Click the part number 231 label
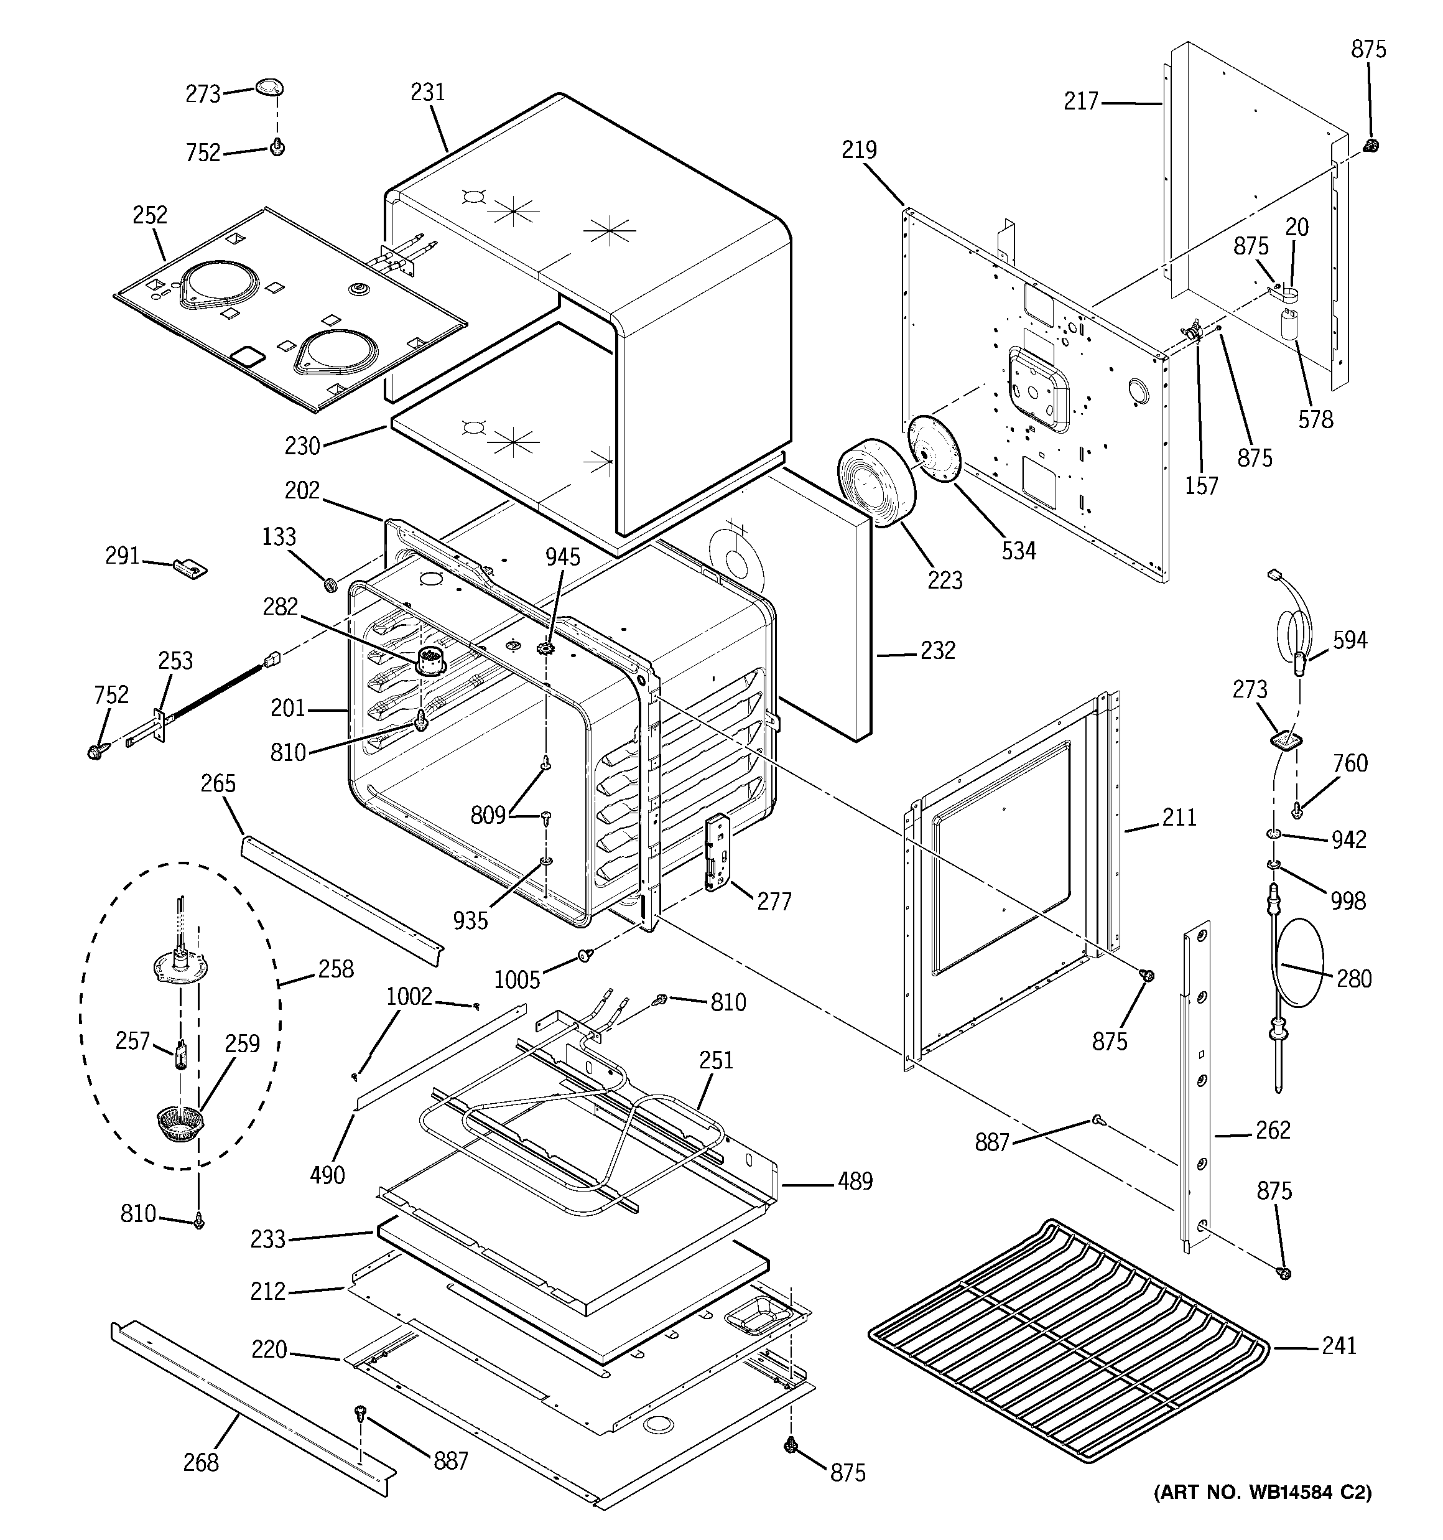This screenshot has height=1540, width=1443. tap(427, 92)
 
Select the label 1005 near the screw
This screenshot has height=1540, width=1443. tap(517, 980)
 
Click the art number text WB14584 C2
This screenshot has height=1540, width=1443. tap(1263, 1492)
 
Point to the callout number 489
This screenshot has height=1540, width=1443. tap(855, 1182)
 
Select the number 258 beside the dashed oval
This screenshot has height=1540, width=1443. tap(336, 969)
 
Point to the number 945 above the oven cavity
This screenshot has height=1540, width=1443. tap(562, 557)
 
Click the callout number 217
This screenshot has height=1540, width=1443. tap(1081, 101)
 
